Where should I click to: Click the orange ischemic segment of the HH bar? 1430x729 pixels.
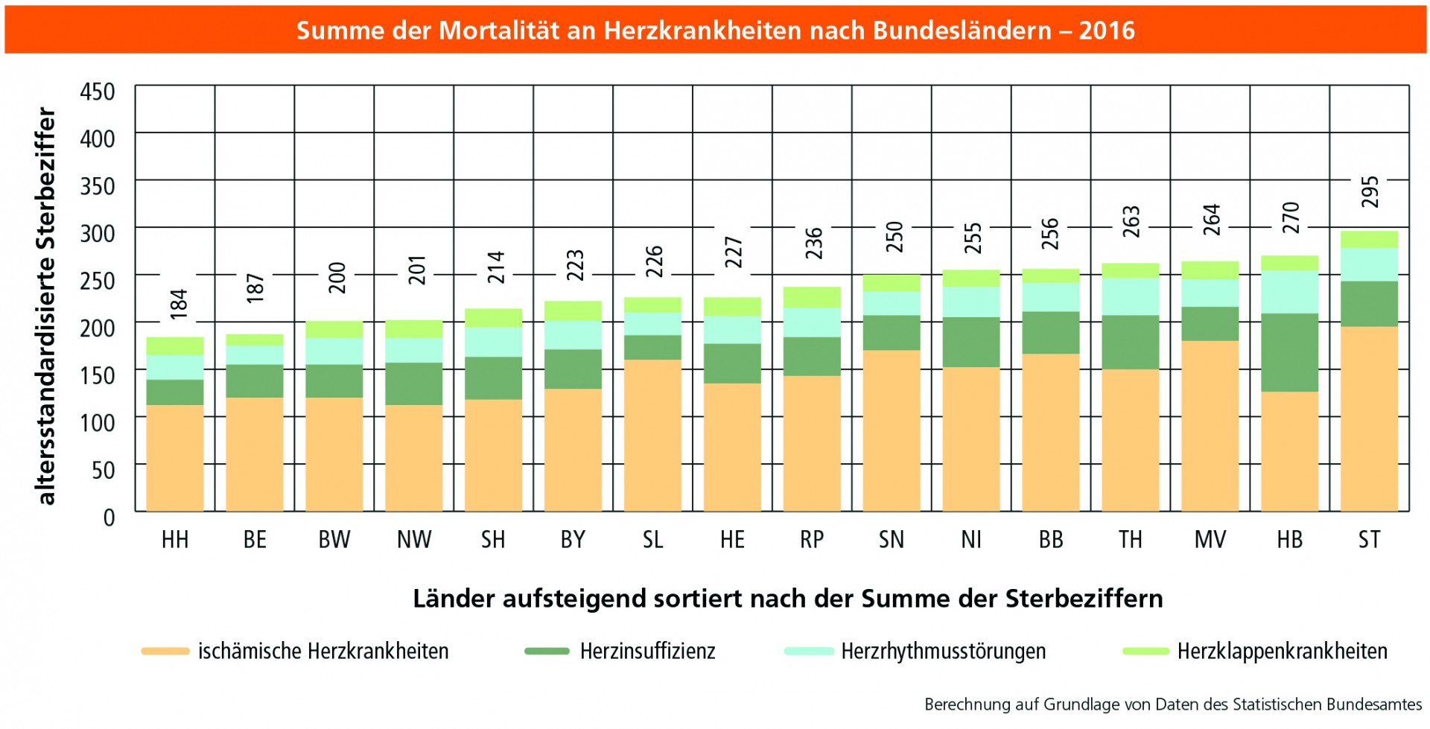point(175,458)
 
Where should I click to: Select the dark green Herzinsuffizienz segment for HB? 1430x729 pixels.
point(1290,352)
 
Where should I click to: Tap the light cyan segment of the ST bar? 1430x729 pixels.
point(1369,264)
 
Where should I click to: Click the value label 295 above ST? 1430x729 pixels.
point(1370,192)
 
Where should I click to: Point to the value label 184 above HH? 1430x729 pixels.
point(179,304)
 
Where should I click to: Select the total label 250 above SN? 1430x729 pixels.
point(894,237)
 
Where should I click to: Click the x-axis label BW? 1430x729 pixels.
point(334,540)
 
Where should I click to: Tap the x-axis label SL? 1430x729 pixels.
point(652,540)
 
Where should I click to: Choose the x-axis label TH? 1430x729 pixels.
point(1130,540)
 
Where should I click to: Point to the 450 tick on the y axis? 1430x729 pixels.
point(98,92)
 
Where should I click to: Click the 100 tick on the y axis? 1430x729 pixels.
point(98,423)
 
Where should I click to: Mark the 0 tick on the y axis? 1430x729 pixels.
point(109,518)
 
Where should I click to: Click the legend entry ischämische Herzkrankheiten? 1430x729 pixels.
point(322,652)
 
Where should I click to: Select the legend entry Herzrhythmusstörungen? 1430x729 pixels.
point(943,652)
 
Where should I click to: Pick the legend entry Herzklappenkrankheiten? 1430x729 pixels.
point(1282,652)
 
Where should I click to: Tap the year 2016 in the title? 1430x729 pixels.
point(1107,31)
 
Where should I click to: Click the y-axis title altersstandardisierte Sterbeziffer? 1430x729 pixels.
point(46,305)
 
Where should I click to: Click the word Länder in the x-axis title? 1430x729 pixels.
point(454,599)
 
